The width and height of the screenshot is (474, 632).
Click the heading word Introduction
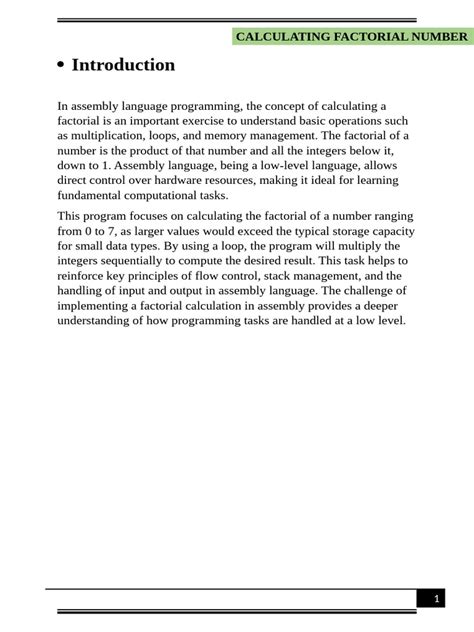(x=123, y=65)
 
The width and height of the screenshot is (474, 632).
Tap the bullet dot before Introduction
(x=61, y=66)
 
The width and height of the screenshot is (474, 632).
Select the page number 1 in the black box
(x=436, y=599)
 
